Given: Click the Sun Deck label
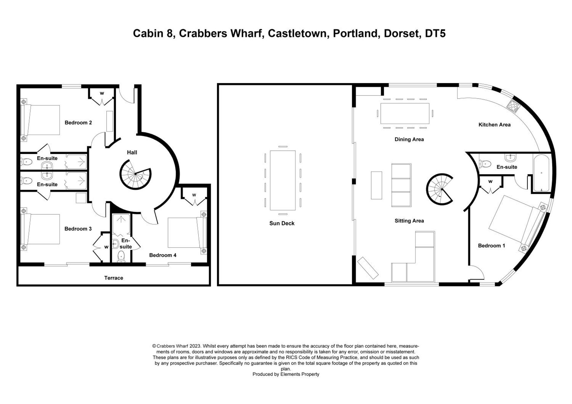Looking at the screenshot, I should click(x=282, y=223).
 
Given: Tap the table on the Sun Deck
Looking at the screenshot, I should click(x=282, y=180).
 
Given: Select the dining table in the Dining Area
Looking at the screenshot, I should click(x=405, y=113).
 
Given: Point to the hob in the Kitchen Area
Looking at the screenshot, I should click(x=513, y=106).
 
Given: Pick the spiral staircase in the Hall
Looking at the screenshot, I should click(x=135, y=174).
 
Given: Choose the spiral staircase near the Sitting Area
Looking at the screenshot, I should click(x=440, y=189).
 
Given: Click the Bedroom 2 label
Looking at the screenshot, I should click(x=78, y=123).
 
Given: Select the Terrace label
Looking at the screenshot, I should click(x=114, y=278).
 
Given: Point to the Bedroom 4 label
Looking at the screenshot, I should click(x=163, y=255).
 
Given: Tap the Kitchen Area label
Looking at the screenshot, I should click(x=494, y=125).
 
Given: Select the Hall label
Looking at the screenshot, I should click(x=132, y=152).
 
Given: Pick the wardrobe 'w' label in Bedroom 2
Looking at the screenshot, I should click(x=102, y=93).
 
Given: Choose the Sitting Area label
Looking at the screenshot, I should click(x=409, y=221).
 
